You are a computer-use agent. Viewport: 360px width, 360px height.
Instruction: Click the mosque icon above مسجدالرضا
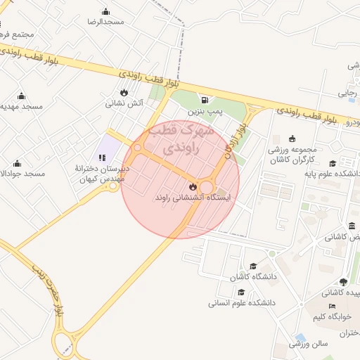[x=105, y=11]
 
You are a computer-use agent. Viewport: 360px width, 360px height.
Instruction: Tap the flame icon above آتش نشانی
[x=124, y=92]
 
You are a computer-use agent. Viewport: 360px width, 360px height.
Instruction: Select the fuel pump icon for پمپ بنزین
[x=205, y=100]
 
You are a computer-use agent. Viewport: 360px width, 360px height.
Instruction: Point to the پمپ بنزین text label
[x=205, y=111]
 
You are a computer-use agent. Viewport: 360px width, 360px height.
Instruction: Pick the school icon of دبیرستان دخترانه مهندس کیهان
[x=103, y=157]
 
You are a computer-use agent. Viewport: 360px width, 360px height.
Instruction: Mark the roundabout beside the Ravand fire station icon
[x=207, y=186]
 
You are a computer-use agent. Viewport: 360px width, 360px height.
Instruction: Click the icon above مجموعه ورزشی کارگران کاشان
[x=292, y=138]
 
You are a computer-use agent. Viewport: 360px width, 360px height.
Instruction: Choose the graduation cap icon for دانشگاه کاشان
[x=252, y=266]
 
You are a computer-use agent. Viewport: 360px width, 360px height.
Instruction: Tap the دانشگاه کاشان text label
[x=245, y=277]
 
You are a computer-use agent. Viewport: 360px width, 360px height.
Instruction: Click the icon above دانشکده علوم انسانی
[x=241, y=292]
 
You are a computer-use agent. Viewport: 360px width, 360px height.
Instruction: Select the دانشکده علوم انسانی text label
[x=241, y=303]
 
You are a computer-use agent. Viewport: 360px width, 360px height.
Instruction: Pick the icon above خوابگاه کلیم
[x=332, y=307]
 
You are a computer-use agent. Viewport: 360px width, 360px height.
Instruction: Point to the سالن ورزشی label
[x=309, y=344]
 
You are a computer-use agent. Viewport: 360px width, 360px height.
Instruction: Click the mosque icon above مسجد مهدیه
[x=21, y=96]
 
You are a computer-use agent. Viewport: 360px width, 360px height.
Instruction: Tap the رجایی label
[x=347, y=91]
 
